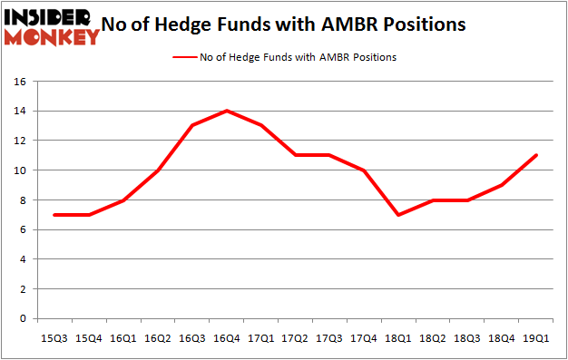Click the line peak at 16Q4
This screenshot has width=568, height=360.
pyautogui.click(x=226, y=111)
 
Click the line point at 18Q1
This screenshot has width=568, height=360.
pyautogui.click(x=399, y=215)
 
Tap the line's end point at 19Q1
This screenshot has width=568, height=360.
pyautogui.click(x=537, y=155)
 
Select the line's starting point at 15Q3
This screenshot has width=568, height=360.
pyautogui.click(x=54, y=215)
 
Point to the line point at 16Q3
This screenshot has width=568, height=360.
pyautogui.click(x=192, y=125)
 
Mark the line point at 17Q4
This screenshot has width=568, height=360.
pyautogui.click(x=365, y=170)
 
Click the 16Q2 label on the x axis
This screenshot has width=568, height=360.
pyautogui.click(x=158, y=337)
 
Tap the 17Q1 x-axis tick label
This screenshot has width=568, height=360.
pyautogui.click(x=261, y=337)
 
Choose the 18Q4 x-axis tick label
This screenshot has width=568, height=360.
pyautogui.click(x=503, y=337)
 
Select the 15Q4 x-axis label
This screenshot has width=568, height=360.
pyautogui.click(x=89, y=337)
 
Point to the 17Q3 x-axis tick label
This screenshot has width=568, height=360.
pyautogui.click(x=330, y=337)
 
